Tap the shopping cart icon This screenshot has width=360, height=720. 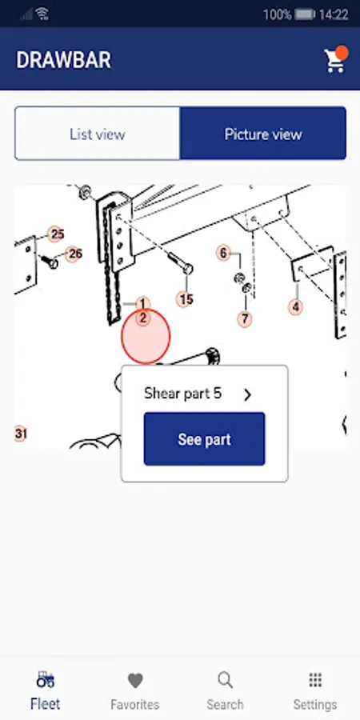335,60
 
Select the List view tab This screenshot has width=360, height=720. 98,134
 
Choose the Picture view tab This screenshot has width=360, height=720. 263,134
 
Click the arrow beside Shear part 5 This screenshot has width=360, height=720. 247,394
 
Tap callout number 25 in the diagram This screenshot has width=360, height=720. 56,234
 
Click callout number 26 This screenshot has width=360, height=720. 74,254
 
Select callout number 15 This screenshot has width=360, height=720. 186,300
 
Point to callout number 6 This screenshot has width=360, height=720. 224,253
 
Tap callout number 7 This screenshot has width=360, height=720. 245,318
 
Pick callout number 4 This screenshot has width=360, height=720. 296,306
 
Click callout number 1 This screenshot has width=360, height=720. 143,303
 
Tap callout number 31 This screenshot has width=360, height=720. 20,434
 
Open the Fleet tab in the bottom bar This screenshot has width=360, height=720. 45,691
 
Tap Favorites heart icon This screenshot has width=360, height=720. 135,681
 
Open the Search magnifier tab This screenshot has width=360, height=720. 225,680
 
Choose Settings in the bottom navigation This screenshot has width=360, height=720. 315,691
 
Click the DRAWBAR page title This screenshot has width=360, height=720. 63,60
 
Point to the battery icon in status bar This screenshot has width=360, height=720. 305,14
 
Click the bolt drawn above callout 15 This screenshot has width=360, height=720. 180,263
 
